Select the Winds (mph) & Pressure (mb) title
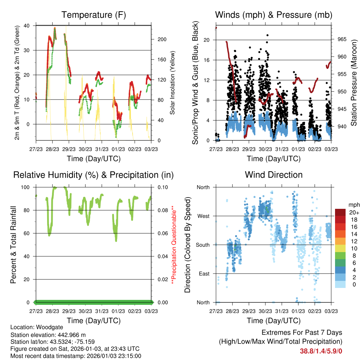pos(274,15)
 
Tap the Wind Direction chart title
pos(274,175)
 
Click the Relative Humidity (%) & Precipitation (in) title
pos(93,175)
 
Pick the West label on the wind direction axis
pos(203,216)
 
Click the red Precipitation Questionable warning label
pos(173,245)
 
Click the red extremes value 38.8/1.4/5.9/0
pos(321,351)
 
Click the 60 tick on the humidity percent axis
pos(30,233)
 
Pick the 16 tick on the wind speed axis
pos(207,60)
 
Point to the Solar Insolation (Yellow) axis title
pos(173,83)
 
